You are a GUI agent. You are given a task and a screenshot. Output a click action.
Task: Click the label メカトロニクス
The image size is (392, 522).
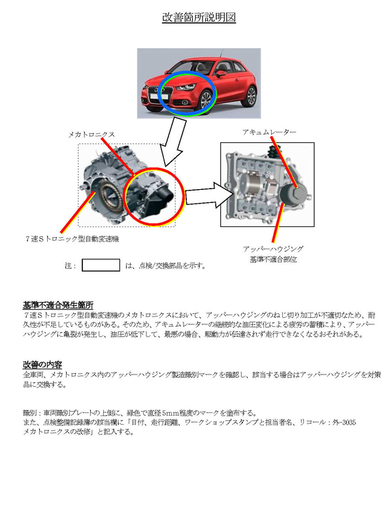pos(91,134)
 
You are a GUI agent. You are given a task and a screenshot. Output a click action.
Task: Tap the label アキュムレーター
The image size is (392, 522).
pos(269,132)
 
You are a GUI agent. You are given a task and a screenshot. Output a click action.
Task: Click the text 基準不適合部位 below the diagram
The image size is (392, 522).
pos(272,260)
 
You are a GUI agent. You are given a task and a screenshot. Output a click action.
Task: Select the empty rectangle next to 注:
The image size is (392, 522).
pos(101,265)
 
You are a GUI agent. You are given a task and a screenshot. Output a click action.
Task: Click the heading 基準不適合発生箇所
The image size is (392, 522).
pos(58,305)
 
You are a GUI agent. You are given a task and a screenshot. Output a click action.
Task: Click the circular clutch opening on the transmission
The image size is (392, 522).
pos(107,194)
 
